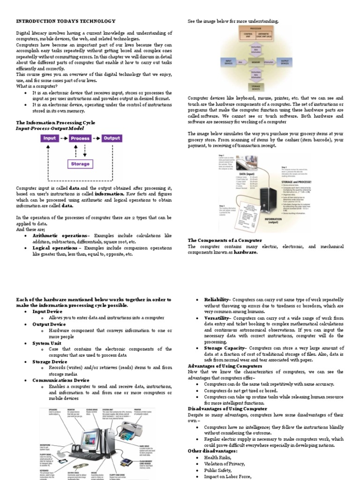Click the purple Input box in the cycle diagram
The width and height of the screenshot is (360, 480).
pos(50,139)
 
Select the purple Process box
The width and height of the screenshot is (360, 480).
pos(80,139)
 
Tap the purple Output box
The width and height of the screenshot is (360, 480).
pos(112,138)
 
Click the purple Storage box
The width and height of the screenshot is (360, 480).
pos(80,164)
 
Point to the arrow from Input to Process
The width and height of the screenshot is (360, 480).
pos(64,139)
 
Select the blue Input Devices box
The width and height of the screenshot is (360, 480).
pos(228,61)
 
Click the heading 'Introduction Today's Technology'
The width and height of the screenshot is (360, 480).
pos(66,21)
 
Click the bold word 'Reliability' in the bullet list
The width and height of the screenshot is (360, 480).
pos(216,300)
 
